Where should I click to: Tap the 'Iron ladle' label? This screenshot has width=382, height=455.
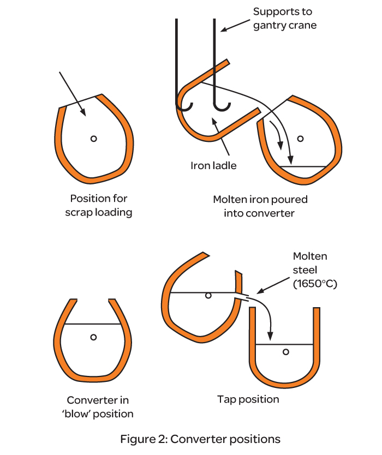[x=213, y=165]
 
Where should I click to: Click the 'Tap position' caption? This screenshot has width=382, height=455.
[x=248, y=399]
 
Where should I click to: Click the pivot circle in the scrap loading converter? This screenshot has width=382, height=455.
[x=94, y=139]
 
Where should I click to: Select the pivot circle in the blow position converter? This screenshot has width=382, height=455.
[x=94, y=337]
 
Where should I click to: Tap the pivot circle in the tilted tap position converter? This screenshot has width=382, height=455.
[x=208, y=296]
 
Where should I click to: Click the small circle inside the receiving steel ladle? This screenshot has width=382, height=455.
[x=285, y=352]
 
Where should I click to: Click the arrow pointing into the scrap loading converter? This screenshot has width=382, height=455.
[x=73, y=92]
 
